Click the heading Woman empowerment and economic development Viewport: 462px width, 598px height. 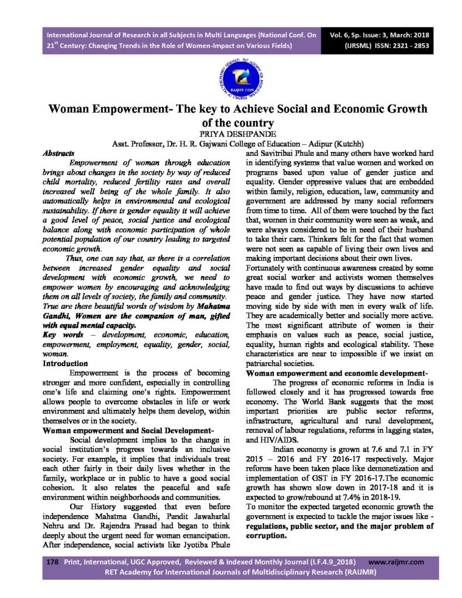[338, 373]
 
